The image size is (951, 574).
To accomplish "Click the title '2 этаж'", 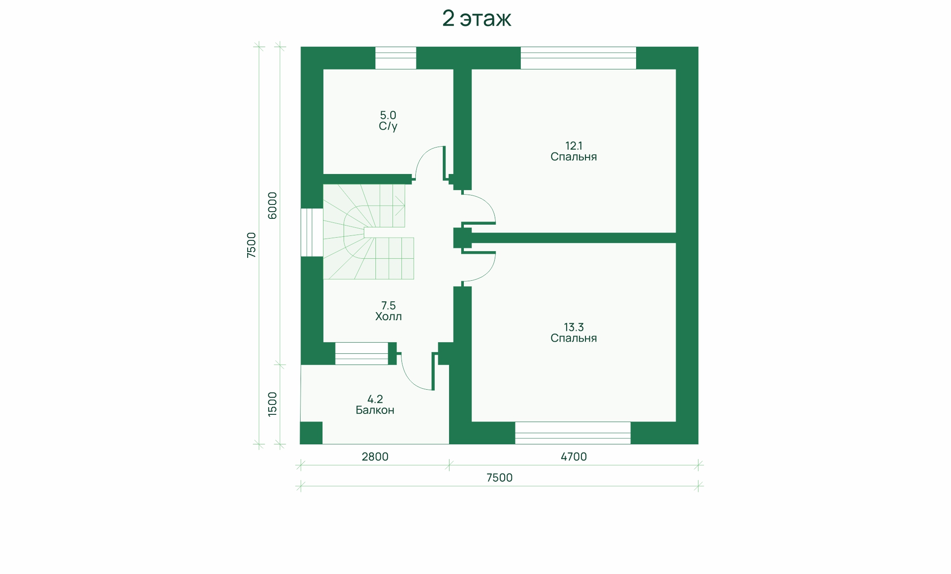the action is tap(476, 18).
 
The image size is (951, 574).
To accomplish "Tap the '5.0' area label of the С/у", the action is tap(388, 115).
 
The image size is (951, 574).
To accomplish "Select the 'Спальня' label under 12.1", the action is tap(574, 157).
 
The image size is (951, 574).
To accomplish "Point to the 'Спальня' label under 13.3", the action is tap(574, 338).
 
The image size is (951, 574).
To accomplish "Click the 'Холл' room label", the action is tap(388, 317).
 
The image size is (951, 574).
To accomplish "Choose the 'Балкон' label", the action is tap(375, 410).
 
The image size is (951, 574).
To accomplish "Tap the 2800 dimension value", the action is tap(375, 457).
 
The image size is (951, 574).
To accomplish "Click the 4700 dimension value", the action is tap(574, 457).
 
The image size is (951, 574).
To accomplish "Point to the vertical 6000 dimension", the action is tap(272, 205).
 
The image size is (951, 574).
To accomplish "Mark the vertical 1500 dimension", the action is tap(272, 404).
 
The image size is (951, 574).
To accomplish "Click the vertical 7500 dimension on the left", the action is tap(251, 245).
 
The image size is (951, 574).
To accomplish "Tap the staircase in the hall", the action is tap(368, 232).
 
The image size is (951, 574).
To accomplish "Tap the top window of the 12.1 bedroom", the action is tap(578, 58).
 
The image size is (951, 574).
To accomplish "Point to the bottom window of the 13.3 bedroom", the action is tap(573, 433).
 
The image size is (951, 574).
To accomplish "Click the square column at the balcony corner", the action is tap(311, 433).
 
